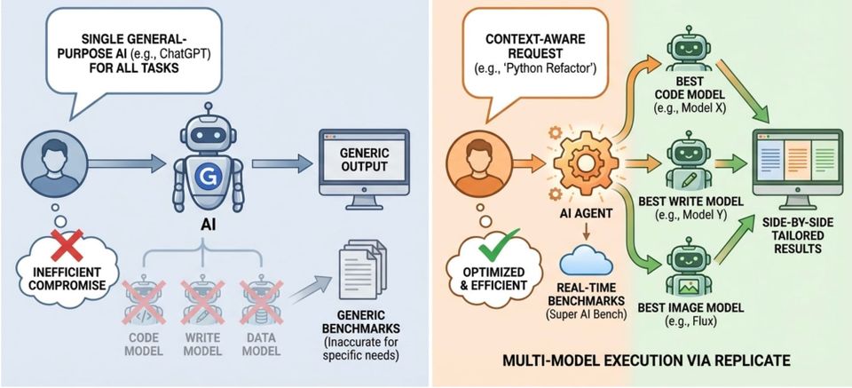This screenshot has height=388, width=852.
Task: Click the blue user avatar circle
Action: tap(56, 164)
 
